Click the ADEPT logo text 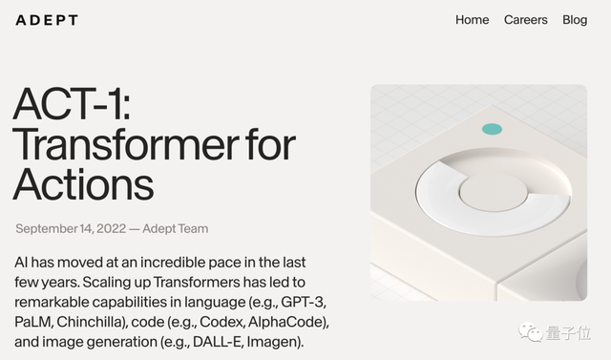point(47,20)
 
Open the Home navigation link point(472,20)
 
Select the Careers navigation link point(525,20)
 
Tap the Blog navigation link point(575,20)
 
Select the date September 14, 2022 point(71,229)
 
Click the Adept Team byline point(176,229)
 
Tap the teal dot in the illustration point(492,129)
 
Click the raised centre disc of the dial point(492,191)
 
